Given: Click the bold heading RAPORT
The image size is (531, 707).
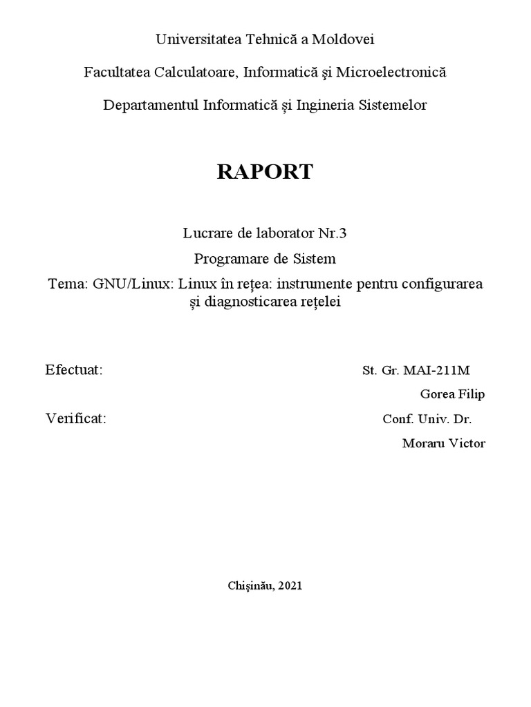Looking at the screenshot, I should point(265,172).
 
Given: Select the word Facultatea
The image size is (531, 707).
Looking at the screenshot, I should point(114,72).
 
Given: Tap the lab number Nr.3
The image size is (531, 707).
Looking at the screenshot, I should point(332,233).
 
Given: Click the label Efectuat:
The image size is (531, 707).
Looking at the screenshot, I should point(74,369).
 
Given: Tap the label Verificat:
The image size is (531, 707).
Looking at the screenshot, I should point(76,418).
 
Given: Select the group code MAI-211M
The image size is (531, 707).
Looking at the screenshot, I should point(442,370).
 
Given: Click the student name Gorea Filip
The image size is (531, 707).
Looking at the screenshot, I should point(452,394).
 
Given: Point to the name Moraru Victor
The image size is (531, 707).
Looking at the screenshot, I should point(443,443).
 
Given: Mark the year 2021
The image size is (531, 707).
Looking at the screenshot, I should point(291,585).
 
